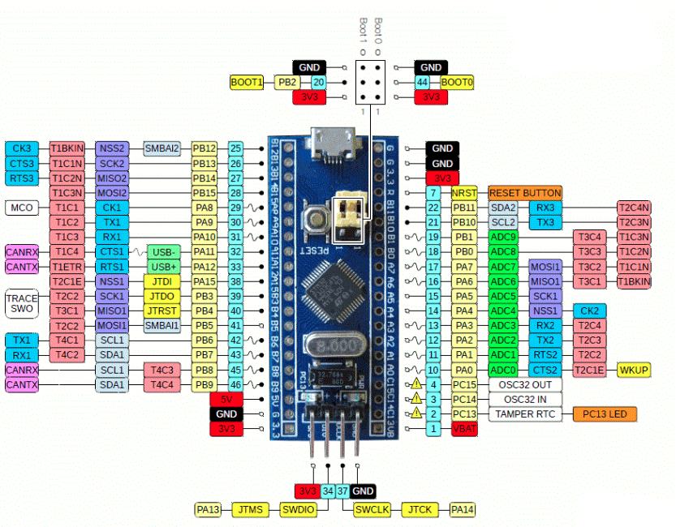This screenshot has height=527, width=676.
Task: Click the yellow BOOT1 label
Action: click(x=247, y=82)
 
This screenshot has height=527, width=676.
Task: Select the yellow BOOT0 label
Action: click(x=458, y=82)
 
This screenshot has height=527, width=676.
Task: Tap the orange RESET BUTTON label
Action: click(x=524, y=193)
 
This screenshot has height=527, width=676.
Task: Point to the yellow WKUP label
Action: click(x=634, y=370)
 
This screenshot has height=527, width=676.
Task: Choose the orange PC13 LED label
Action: click(x=605, y=413)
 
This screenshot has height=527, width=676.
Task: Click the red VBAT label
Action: click(x=464, y=428)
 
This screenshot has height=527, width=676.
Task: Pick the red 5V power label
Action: click(x=226, y=399)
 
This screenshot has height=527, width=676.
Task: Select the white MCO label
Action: click(x=22, y=208)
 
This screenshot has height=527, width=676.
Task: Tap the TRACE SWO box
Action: click(x=22, y=303)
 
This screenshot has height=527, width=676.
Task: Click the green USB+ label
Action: click(x=163, y=267)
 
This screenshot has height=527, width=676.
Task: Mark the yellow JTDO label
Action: click(x=163, y=296)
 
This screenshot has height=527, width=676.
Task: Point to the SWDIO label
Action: click(x=297, y=509)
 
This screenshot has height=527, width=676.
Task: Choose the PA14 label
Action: click(x=463, y=509)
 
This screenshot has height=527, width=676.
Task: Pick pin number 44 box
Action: click(x=422, y=82)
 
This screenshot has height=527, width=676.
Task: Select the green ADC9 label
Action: click(x=503, y=237)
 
